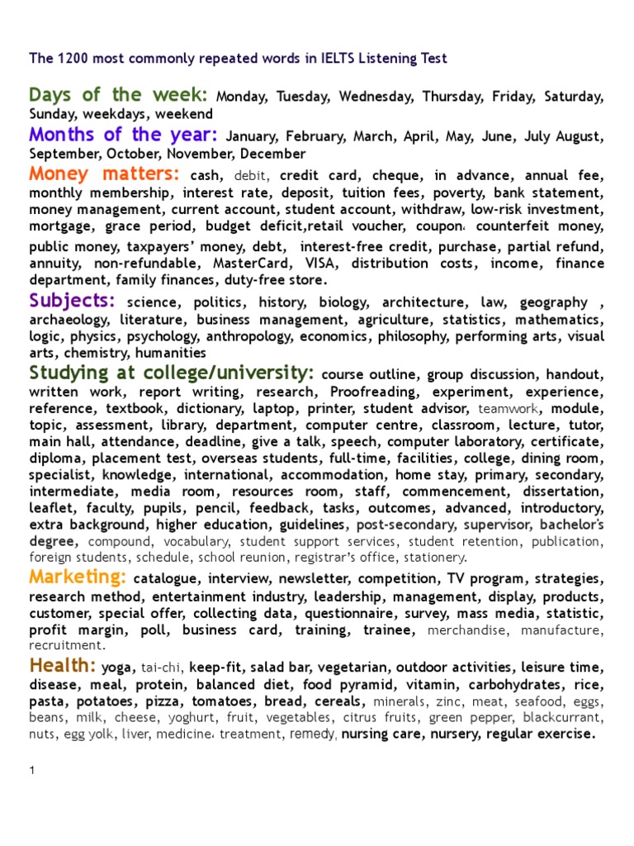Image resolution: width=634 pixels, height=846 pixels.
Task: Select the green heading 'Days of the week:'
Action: (x=118, y=95)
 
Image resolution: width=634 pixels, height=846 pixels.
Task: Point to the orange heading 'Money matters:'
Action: (x=104, y=173)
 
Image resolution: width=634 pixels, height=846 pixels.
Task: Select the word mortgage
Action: (x=58, y=226)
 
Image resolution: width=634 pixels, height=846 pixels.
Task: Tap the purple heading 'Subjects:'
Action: (x=72, y=301)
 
